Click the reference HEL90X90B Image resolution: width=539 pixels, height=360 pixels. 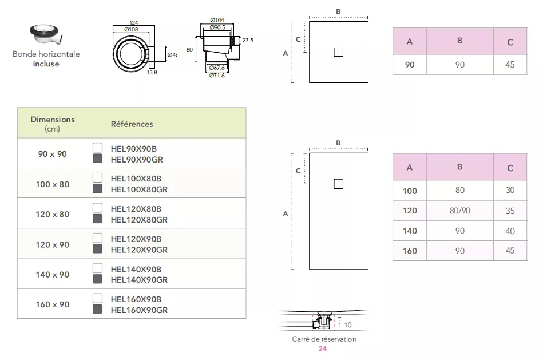[136, 148]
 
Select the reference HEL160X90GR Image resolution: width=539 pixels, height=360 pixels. [138, 310]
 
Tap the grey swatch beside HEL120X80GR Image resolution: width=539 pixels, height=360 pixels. [97, 219]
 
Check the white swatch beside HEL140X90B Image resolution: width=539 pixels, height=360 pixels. [97, 267]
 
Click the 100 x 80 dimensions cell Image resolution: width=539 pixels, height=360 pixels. [53, 184]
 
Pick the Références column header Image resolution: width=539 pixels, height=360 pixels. [132, 124]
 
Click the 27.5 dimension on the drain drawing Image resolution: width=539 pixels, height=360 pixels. [248, 41]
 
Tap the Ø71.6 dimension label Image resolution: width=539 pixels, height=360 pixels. [216, 76]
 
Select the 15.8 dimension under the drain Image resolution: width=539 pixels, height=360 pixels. [152, 72]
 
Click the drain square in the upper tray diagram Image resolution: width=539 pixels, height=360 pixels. [338, 52]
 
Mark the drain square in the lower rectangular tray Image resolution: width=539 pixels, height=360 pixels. [338, 184]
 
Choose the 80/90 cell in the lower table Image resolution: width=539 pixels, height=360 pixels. [459, 211]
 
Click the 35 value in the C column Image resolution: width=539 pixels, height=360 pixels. [510, 211]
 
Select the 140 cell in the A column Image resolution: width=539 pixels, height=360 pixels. [410, 231]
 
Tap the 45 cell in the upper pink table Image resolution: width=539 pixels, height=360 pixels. [510, 65]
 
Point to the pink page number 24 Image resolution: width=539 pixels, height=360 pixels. [323, 349]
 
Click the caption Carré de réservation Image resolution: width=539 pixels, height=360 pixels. [324, 339]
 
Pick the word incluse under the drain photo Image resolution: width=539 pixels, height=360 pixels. [46, 64]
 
